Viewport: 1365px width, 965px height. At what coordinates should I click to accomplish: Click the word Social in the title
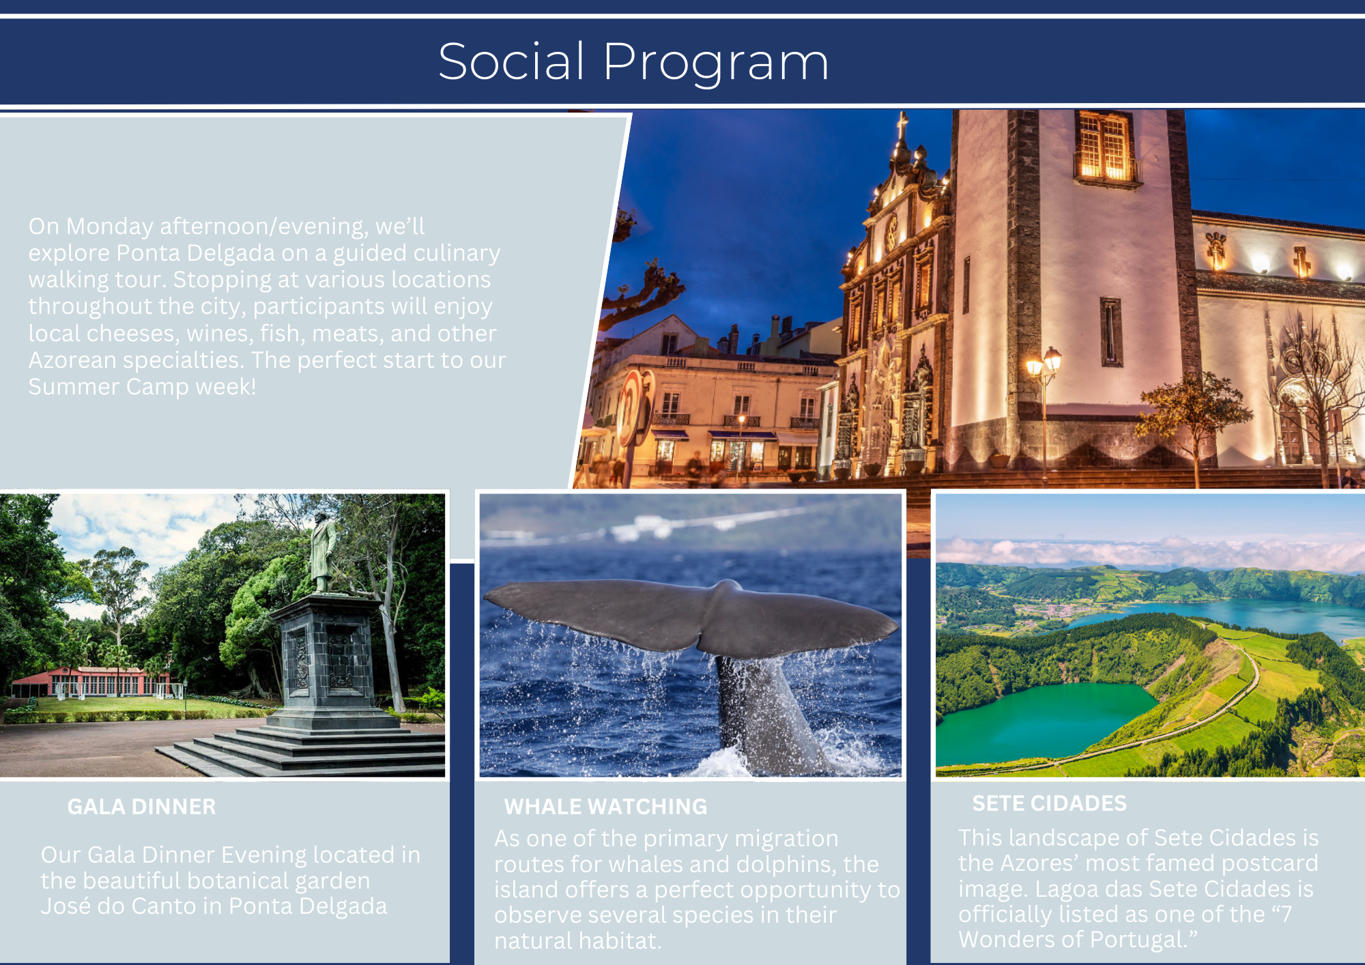pyautogui.click(x=512, y=61)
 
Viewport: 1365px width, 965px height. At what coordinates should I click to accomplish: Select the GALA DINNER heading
pyautogui.click(x=141, y=807)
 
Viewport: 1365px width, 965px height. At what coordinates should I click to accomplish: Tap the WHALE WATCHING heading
pyautogui.click(x=605, y=807)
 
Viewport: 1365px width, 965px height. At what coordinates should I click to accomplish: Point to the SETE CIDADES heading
pyautogui.click(x=1049, y=803)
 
